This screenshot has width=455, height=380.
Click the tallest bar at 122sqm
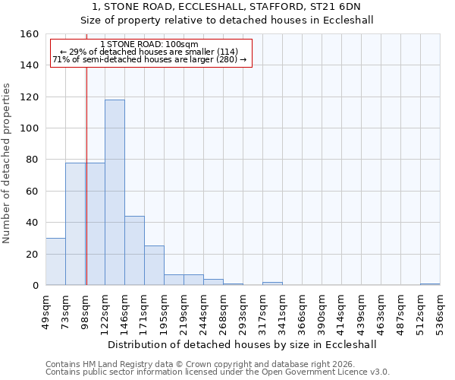point(115,192)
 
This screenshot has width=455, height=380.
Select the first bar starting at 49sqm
point(55,261)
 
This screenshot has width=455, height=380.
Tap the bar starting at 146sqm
point(134,251)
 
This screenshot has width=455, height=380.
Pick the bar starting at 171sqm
point(154,265)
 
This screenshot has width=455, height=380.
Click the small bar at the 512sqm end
point(430,284)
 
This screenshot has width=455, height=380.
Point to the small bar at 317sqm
point(272,283)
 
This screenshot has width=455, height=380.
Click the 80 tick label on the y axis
point(31,160)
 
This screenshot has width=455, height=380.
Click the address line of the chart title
point(227,7)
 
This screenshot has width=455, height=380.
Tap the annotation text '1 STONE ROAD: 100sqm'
point(149,44)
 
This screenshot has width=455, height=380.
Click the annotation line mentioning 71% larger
point(149,59)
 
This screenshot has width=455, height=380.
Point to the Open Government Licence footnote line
point(217,372)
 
